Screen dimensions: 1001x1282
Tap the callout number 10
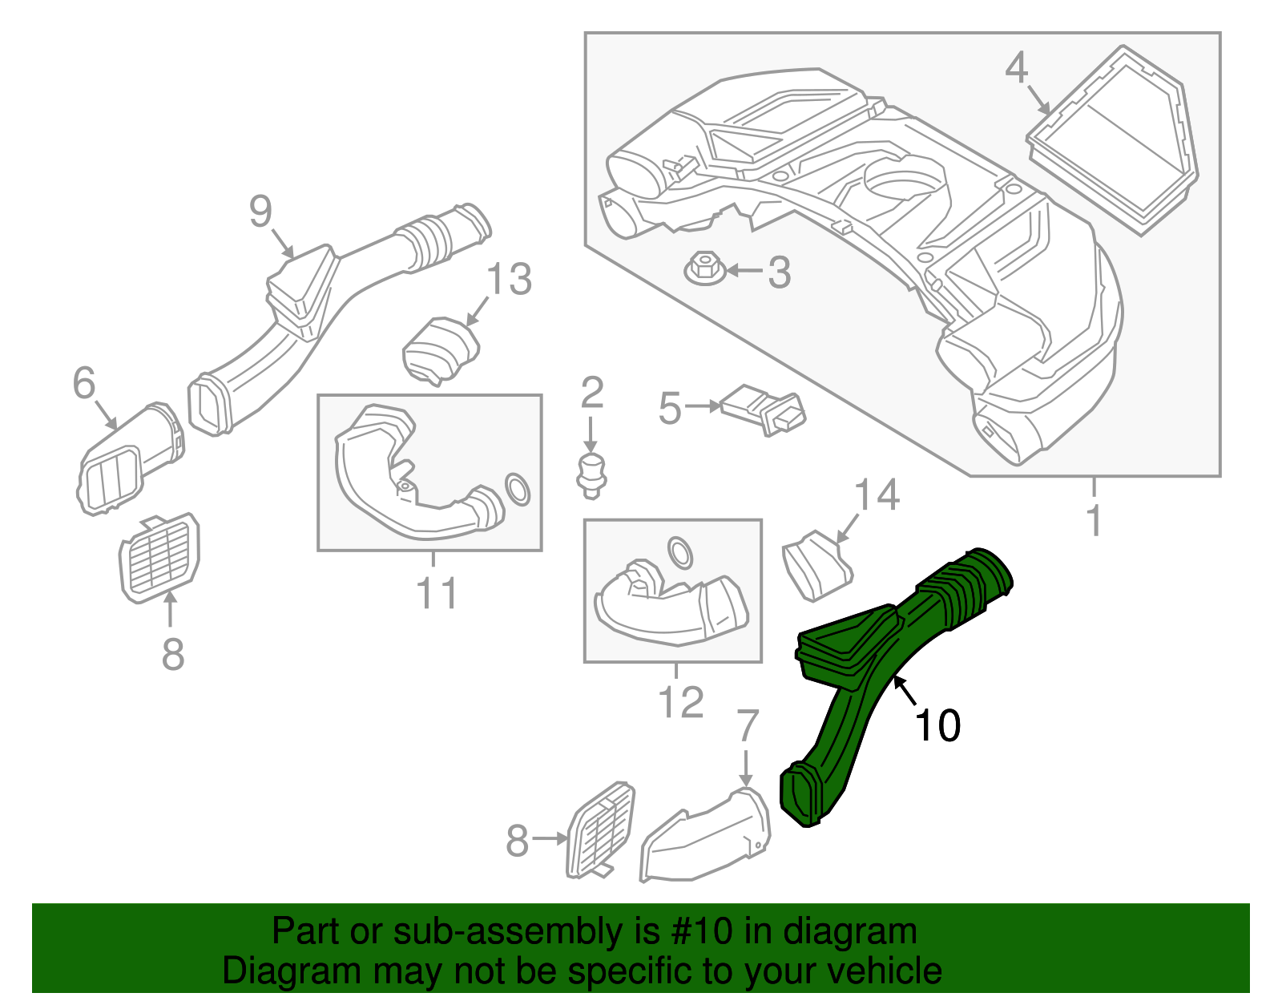pyautogui.click(x=937, y=726)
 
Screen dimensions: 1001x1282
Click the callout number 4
pyautogui.click(x=1016, y=68)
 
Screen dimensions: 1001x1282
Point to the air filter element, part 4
pyautogui.click(x=1114, y=140)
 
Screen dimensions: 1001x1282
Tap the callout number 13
pyautogui.click(x=509, y=280)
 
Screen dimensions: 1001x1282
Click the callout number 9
pyautogui.click(x=261, y=212)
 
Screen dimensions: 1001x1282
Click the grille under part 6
pyautogui.click(x=159, y=555)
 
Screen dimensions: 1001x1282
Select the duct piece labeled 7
pyautogui.click(x=705, y=838)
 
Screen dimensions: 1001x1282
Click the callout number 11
pyautogui.click(x=437, y=594)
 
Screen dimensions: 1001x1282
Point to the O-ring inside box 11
pyautogui.click(x=518, y=489)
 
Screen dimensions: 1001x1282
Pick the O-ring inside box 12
pyautogui.click(x=680, y=552)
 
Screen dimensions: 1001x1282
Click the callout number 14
pyautogui.click(x=877, y=495)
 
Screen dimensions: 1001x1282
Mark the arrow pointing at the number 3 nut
pyautogui.click(x=744, y=272)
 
